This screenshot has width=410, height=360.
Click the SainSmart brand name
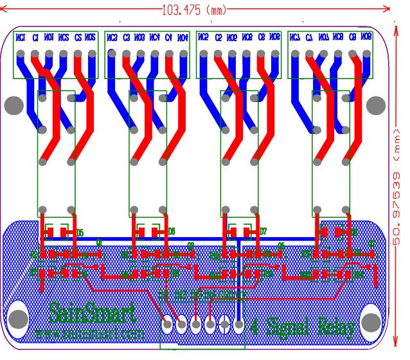tap(93, 315)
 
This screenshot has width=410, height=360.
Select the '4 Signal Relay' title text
tap(303, 327)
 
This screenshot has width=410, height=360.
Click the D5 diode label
tap(80, 232)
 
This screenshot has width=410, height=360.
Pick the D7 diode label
tap(262, 231)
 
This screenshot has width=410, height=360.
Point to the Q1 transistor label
tap(99, 243)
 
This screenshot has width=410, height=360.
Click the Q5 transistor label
tap(281, 244)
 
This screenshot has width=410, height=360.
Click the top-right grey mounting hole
tap(378, 104)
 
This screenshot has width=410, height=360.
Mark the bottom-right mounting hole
tap(371, 321)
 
